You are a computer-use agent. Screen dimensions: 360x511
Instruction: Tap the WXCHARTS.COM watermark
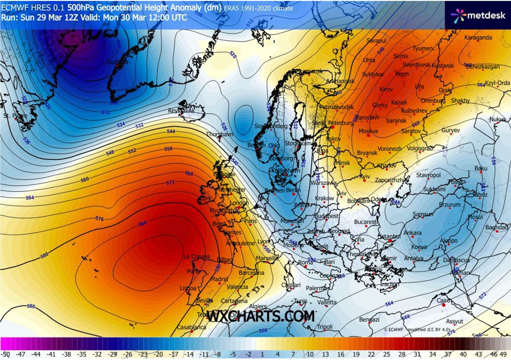pos(261,317)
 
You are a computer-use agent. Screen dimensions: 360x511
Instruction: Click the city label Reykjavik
pos(181,110)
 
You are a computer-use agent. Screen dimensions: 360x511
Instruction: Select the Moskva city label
pos(368,131)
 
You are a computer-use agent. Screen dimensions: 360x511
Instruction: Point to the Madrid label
pos(220,279)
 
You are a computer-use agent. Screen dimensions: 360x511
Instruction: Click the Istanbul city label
pos(389,236)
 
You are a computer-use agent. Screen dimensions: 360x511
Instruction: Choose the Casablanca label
pos(192,328)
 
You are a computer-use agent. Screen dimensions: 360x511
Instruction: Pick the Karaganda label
pos(478,37)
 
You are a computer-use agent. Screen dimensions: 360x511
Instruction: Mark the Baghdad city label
pos(497,228)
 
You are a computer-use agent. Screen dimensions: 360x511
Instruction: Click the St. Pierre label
pos(13,115)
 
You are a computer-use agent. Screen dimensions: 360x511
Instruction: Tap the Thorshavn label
pos(217,134)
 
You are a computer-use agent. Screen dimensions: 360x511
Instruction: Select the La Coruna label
pos(196,256)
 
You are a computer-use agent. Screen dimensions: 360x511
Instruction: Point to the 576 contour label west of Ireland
pos(100,219)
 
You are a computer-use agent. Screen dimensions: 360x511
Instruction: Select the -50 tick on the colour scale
pos(6,354)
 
